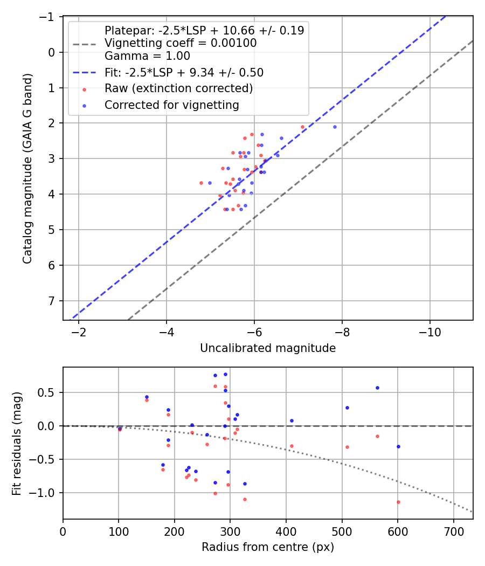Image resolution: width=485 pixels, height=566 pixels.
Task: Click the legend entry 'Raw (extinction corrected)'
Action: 178,88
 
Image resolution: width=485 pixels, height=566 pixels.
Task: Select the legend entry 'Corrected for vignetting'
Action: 172,105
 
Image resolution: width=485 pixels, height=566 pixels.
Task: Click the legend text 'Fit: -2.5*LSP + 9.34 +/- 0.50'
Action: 184,72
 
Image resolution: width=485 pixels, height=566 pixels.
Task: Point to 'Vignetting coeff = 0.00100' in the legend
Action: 181,44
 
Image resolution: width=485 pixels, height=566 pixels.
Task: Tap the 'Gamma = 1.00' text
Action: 147,56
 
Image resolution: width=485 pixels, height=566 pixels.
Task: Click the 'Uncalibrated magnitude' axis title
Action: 268,348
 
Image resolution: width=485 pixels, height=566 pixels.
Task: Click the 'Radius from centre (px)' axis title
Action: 268,547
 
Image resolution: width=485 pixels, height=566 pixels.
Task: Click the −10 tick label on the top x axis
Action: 429,331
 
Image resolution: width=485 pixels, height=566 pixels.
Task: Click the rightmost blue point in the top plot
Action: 335,127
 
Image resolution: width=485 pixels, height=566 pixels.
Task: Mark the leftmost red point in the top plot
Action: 201,183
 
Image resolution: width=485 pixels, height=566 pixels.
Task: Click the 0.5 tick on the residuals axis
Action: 48,392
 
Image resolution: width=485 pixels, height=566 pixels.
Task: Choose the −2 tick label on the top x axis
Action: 79,331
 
